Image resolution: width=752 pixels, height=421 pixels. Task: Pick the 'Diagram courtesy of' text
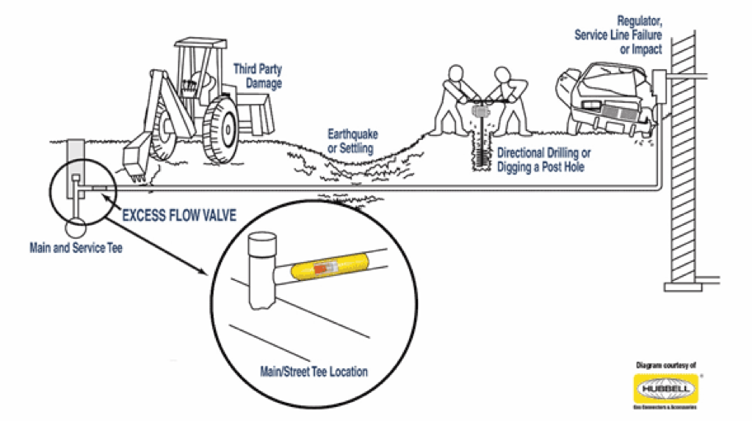[x=665, y=364]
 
